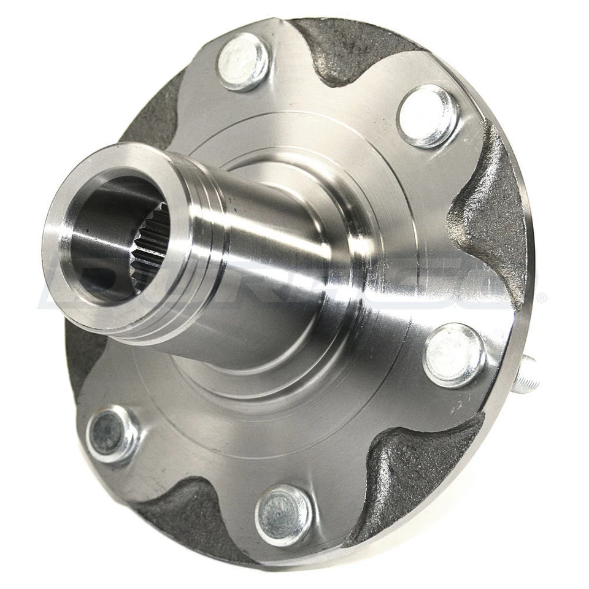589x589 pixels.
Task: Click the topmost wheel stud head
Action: point(244,61)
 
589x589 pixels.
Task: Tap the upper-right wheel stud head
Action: point(428,115)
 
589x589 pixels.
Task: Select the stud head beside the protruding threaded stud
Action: point(455,355)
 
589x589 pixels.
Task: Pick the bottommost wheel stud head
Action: point(283,514)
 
